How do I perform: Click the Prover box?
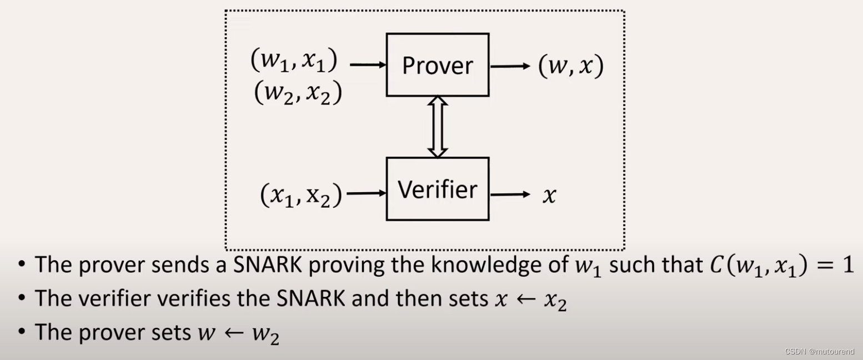[x=438, y=65]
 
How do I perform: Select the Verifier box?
[x=438, y=189]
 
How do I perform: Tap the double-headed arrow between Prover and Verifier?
[x=438, y=127]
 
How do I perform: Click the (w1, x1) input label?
[x=294, y=62]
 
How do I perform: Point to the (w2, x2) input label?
[x=298, y=92]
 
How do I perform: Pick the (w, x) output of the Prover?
[x=570, y=67]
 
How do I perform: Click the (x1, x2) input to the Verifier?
[x=301, y=195]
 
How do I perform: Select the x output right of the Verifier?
[x=549, y=195]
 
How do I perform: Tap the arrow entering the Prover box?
[x=368, y=65]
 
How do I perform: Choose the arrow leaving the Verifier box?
[x=510, y=194]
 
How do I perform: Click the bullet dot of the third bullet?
[x=21, y=332]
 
